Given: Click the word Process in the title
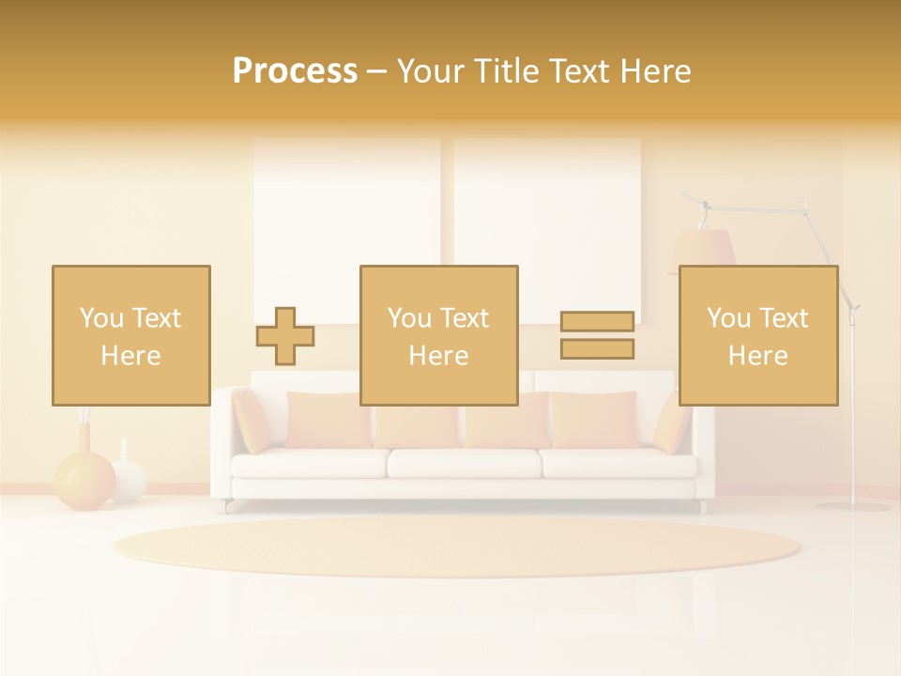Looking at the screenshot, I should [x=295, y=71].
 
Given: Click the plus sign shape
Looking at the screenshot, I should [x=285, y=336].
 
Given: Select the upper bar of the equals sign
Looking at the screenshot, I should [x=597, y=321].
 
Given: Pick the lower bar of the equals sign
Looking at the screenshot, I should [x=597, y=348].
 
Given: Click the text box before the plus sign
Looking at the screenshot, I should [x=130, y=335].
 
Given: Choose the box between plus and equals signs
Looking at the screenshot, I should [x=438, y=335].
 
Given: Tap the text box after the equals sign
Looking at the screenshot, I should [x=757, y=335].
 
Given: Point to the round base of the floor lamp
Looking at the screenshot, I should [x=852, y=506].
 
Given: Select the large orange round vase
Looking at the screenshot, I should [x=84, y=480].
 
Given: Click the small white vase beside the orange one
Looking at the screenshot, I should [x=129, y=478].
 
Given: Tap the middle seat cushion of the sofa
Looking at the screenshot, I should [x=465, y=463].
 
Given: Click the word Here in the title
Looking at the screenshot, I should [x=653, y=71].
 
